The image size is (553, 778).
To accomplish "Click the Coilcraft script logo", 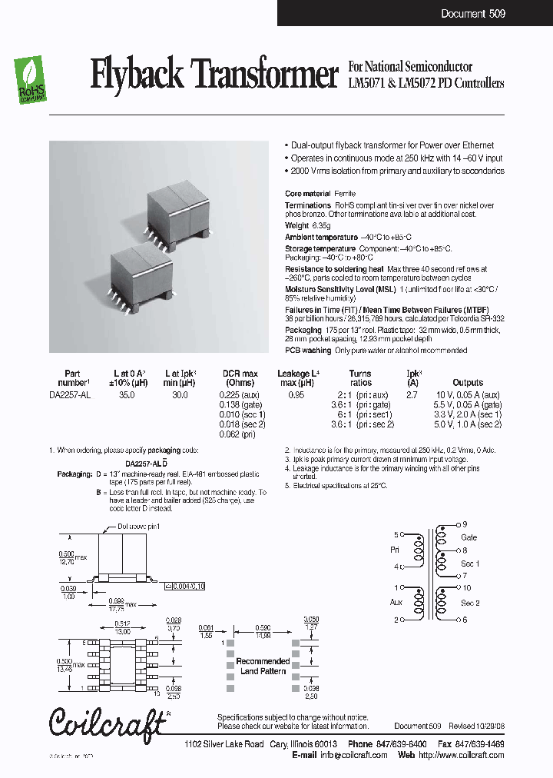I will tap(108, 723).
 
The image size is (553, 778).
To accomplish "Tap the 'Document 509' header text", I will tap(473, 14).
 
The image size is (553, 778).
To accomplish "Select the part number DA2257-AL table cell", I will tap(72, 394).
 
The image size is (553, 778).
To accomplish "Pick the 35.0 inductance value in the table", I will tap(126, 394).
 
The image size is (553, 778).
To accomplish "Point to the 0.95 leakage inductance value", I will tap(296, 394).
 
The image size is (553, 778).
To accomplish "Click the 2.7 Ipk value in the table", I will tap(412, 394).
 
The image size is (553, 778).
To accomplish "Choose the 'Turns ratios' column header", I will tap(360, 377).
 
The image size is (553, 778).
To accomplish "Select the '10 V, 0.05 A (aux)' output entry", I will tap(469, 394).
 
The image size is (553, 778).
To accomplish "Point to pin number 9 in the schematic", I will tap(464, 524).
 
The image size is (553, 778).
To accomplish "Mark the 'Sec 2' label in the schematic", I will tap(470, 603).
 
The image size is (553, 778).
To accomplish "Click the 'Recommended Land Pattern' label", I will tap(263, 667).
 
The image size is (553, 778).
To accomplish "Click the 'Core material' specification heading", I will tap(307, 194).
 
